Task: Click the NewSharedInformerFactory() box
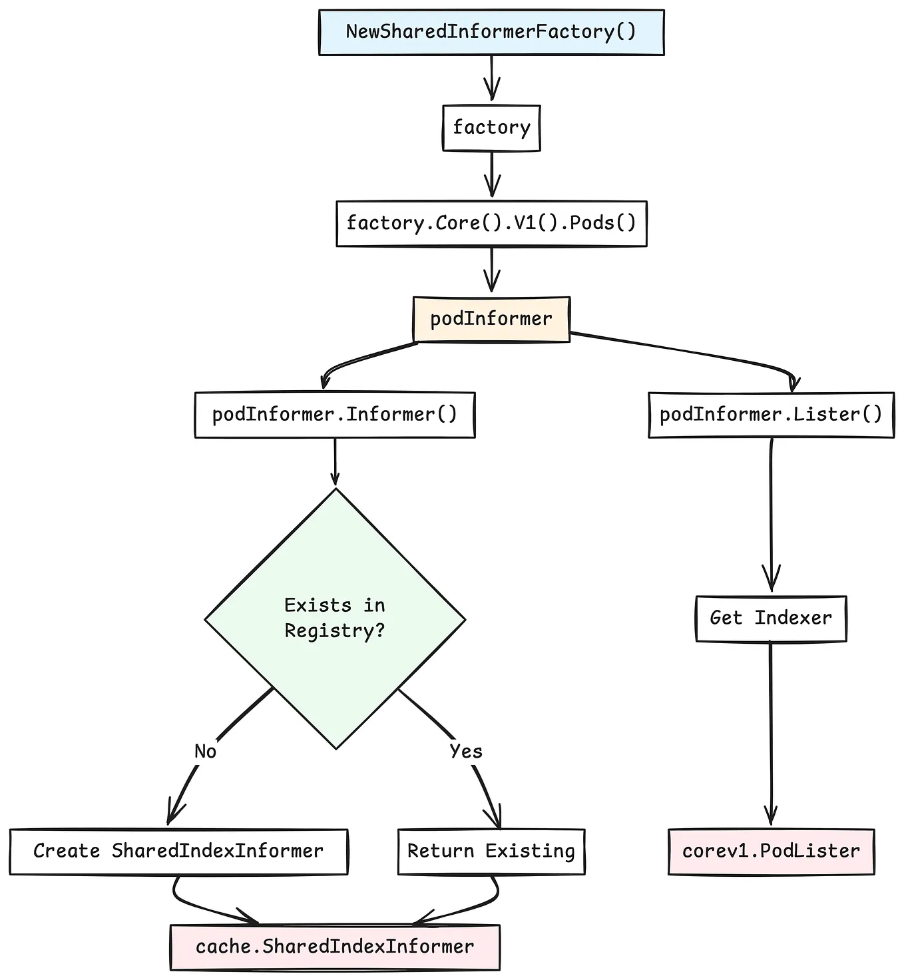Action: click(x=491, y=32)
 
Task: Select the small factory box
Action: click(x=491, y=127)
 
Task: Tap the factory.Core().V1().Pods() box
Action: click(x=491, y=223)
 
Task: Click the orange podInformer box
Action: click(x=491, y=319)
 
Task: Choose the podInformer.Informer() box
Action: click(x=335, y=415)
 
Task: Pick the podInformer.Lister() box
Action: click(x=771, y=415)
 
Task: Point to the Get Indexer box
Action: click(x=771, y=618)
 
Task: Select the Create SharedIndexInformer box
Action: click(x=178, y=851)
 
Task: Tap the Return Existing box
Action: click(x=491, y=851)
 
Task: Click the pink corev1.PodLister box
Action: click(x=771, y=851)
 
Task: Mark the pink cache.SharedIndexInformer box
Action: click(x=335, y=947)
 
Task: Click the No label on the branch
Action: click(x=205, y=752)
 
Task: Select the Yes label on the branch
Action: click(x=465, y=752)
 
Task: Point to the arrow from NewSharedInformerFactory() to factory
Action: click(x=491, y=79)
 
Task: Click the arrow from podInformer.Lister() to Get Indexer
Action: click(x=771, y=516)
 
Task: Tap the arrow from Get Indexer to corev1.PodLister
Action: click(x=771, y=732)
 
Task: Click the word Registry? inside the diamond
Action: click(x=335, y=630)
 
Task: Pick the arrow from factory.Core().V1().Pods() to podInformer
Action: click(x=491, y=270)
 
